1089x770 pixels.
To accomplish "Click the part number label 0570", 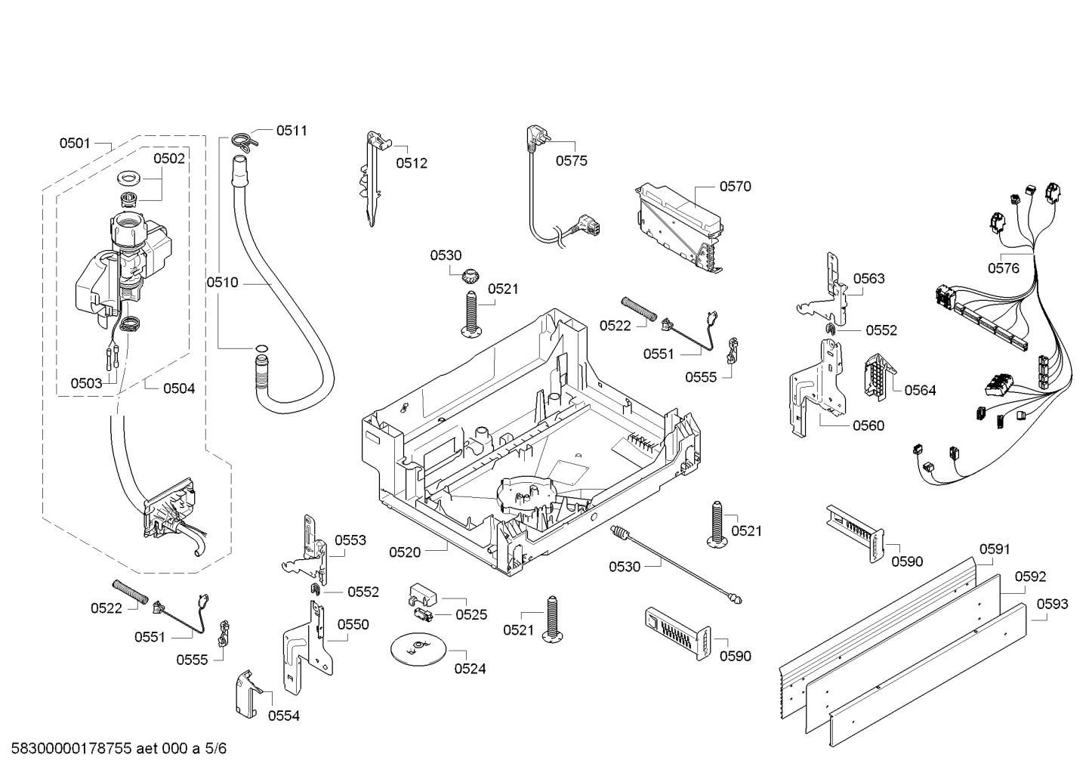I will pyautogui.click(x=735, y=186).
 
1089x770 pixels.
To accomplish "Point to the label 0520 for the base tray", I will pyautogui.click(x=405, y=552).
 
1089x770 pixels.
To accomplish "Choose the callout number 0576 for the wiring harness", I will pyautogui.click(x=1004, y=267).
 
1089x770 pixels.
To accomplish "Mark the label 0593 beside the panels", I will pyautogui.click(x=1052, y=604).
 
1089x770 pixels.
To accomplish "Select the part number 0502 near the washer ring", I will pyautogui.click(x=169, y=158).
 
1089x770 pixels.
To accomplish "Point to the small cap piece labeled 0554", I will pyautogui.click(x=248, y=693).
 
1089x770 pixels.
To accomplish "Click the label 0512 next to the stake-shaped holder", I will pyautogui.click(x=412, y=162).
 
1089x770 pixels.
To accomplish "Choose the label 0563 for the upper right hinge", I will pyautogui.click(x=868, y=278).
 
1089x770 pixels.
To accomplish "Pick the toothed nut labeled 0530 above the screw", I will pyautogui.click(x=473, y=275).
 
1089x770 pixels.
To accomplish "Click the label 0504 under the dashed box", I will pyautogui.click(x=179, y=388).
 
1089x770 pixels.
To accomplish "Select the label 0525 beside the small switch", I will pyautogui.click(x=471, y=614).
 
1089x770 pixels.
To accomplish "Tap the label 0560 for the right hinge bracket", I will pyautogui.click(x=868, y=425).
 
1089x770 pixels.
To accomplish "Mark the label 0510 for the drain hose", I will pyautogui.click(x=222, y=283).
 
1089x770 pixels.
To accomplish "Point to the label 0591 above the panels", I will pyautogui.click(x=995, y=549).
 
